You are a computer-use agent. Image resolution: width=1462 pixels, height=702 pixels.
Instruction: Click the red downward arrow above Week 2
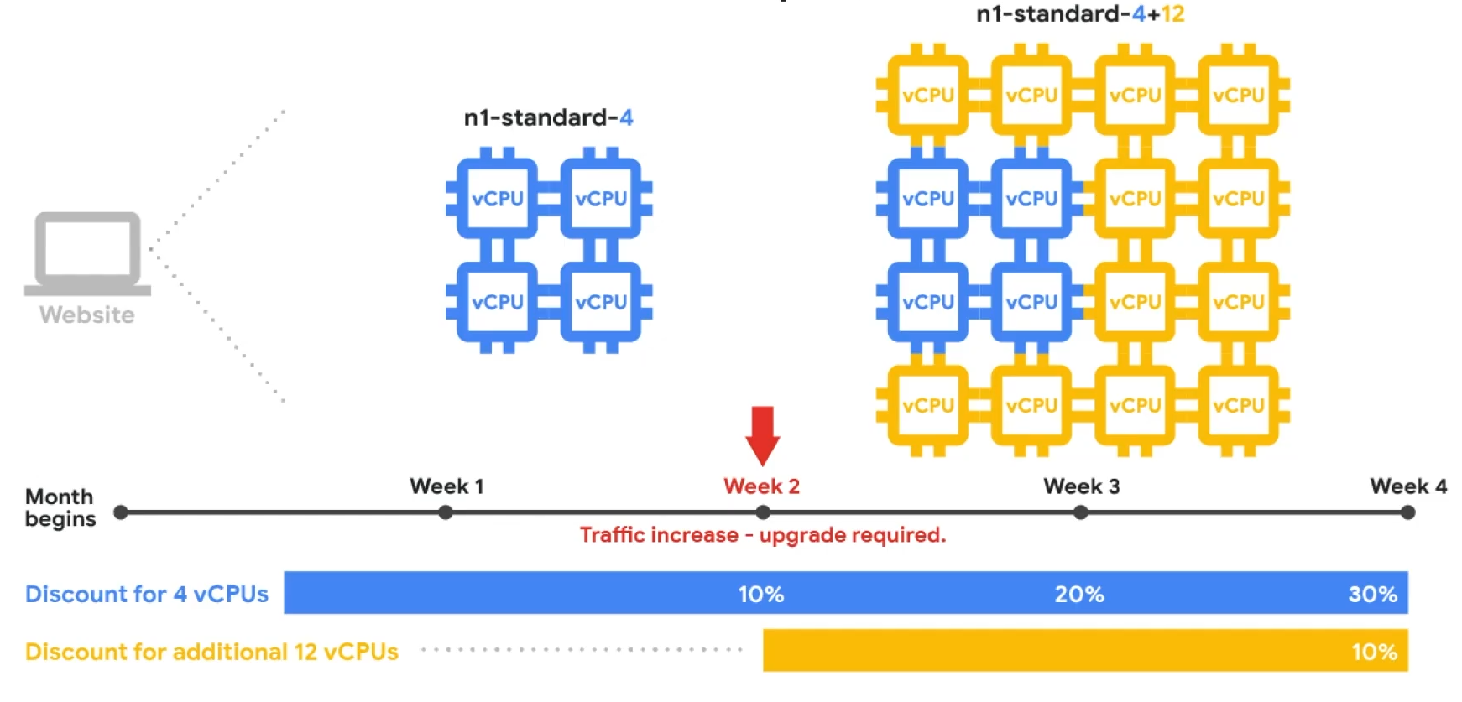(762, 434)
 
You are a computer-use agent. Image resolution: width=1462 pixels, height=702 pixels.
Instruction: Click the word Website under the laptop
(87, 315)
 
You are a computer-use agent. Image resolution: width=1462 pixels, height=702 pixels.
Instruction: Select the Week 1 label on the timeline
(446, 486)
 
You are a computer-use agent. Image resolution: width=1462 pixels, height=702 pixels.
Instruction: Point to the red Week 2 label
(761, 486)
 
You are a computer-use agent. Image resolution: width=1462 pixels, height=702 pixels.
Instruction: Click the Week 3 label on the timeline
(1081, 486)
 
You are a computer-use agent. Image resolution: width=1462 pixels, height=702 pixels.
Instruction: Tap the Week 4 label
(1407, 486)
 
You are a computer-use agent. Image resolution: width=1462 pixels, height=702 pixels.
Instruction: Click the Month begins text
(60, 507)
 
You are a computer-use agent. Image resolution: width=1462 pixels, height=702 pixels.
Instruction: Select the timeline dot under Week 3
(1081, 512)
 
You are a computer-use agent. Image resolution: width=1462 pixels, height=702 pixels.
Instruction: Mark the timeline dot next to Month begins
(121, 512)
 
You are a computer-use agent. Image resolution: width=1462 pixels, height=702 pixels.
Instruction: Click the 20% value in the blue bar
(1079, 594)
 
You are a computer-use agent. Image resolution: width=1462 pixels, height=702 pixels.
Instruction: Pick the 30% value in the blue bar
(1372, 594)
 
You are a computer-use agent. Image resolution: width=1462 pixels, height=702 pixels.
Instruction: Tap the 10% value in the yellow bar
(1374, 652)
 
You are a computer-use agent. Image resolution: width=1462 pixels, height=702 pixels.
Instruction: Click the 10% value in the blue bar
(760, 594)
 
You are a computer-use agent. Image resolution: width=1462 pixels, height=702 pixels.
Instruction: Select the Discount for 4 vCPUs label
(147, 594)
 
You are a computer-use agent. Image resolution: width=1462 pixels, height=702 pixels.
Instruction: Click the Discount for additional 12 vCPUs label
(211, 652)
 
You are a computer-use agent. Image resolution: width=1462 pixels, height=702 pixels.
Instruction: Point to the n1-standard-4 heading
(548, 117)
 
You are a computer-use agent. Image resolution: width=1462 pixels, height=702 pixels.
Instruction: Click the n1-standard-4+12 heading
(1080, 13)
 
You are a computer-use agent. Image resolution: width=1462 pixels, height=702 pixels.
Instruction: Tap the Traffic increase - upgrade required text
(762, 535)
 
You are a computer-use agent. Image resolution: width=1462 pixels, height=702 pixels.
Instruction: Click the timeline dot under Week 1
(446, 512)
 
